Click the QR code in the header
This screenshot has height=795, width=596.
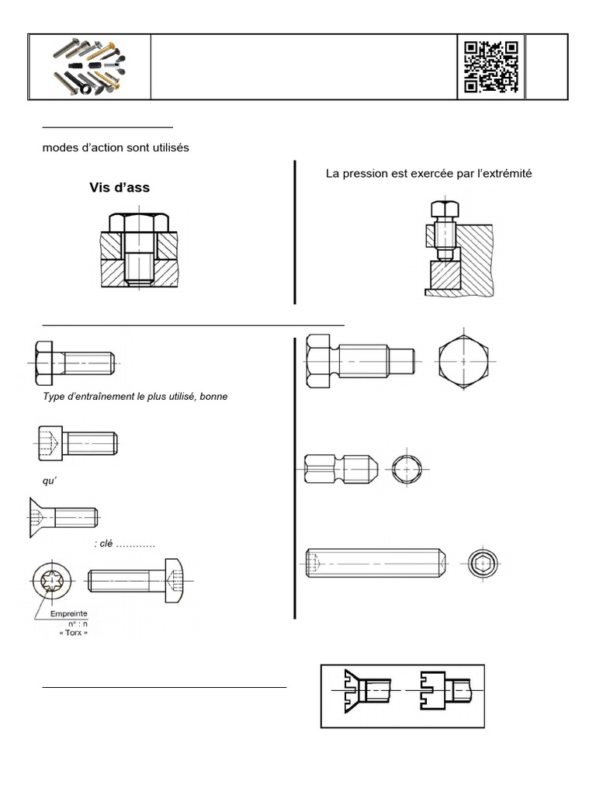(491, 67)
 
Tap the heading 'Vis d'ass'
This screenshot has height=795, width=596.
(119, 188)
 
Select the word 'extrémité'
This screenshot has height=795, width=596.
(504, 174)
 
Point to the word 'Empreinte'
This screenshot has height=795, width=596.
(69, 612)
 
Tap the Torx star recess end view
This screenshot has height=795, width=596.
(51, 581)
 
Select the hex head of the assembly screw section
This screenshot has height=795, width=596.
(138, 223)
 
